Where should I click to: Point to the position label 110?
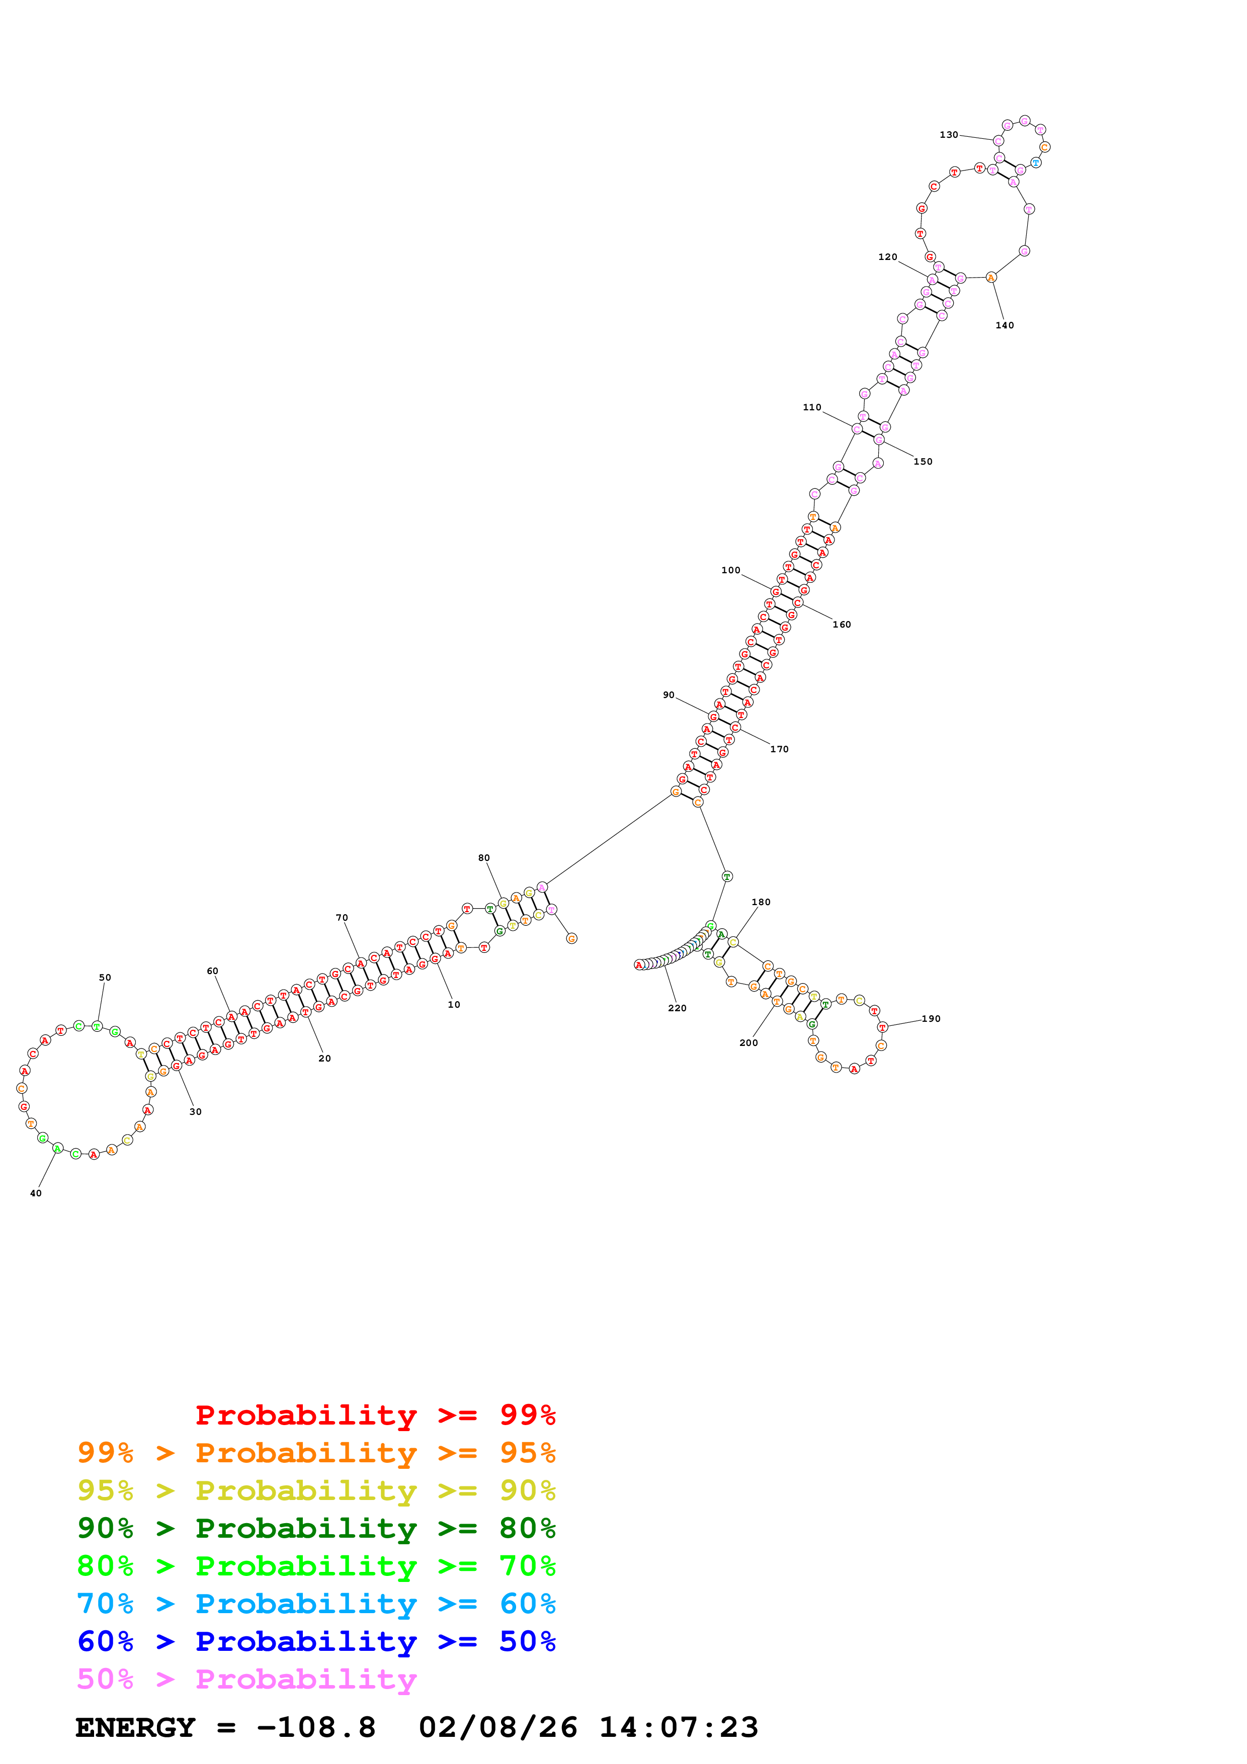pos(812,408)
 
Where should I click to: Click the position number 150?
pos(923,462)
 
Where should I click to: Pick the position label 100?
pos(731,571)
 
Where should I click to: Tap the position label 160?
pos(842,625)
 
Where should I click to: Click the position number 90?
pos(669,695)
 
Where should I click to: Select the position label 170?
pos(779,749)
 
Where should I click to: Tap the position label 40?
pos(36,1193)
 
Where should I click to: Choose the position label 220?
pos(677,1008)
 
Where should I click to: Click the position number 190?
pos(931,1019)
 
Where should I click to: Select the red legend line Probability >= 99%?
pos(375,1415)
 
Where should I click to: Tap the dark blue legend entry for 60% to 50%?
pos(316,1641)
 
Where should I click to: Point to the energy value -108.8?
pos(316,1728)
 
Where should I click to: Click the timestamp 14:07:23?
pos(679,1728)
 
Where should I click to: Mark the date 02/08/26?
pos(498,1728)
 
